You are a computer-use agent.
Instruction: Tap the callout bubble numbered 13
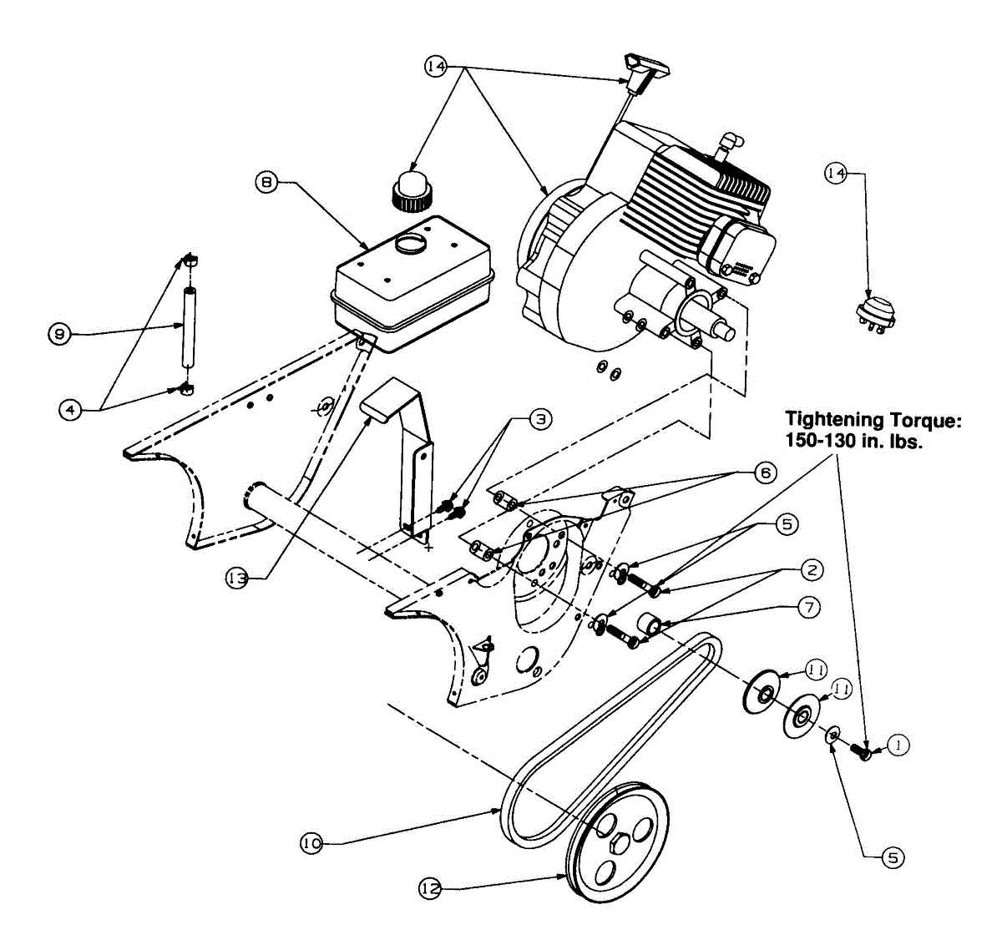(236, 577)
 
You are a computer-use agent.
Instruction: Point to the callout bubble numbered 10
(311, 844)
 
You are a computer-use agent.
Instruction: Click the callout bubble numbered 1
(898, 745)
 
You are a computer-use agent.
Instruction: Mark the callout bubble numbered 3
(539, 418)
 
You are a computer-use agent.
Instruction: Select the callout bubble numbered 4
(71, 409)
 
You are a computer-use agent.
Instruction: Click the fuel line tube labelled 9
(189, 326)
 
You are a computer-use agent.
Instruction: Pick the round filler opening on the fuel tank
(409, 244)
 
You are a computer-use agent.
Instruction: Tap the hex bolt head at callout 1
(865, 751)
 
